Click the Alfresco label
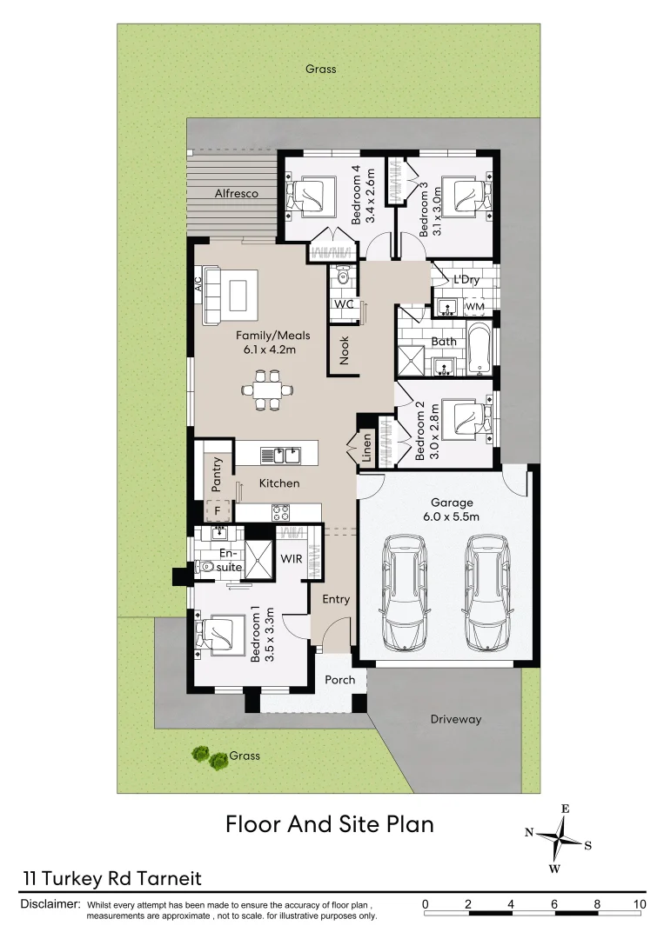click(237, 194)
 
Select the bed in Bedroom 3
click(464, 195)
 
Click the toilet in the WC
click(344, 277)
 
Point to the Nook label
click(345, 350)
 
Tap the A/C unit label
click(198, 284)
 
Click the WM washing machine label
click(474, 307)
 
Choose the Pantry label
click(218, 474)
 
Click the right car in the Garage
click(486, 593)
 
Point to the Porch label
click(340, 679)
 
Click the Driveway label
click(455, 719)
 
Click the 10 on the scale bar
click(640, 904)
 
